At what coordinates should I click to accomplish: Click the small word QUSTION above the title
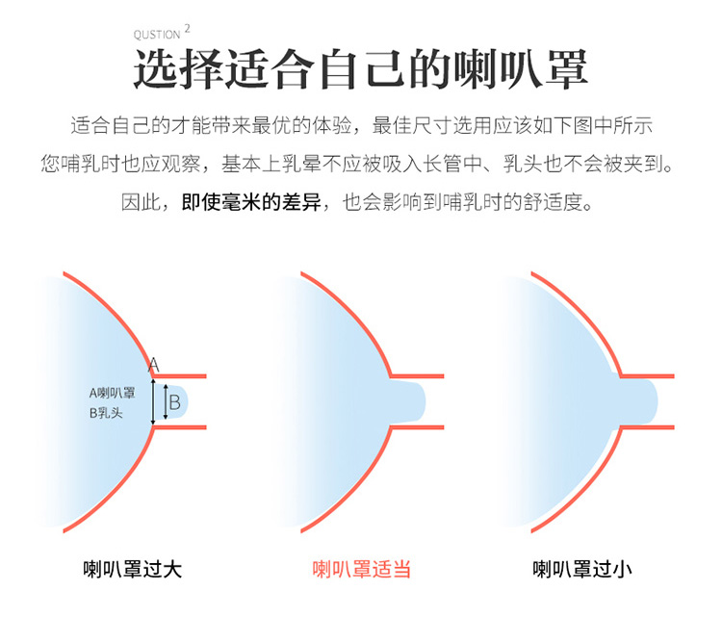(157, 35)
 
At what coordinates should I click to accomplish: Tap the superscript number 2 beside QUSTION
(187, 29)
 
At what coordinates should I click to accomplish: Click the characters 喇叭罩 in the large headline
(521, 69)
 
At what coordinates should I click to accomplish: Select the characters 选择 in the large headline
(179, 69)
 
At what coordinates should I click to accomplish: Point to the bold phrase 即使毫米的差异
(251, 202)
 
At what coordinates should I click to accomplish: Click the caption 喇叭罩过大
(133, 569)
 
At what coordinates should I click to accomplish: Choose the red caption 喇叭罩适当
(361, 569)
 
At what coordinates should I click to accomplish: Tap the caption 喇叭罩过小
(582, 569)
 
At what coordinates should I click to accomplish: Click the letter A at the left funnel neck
(153, 365)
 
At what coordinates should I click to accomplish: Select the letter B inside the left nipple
(175, 402)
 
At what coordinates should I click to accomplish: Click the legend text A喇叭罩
(113, 393)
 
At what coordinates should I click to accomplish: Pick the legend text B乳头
(106, 413)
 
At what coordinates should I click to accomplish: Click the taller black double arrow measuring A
(153, 401)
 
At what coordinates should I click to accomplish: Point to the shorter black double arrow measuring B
(166, 402)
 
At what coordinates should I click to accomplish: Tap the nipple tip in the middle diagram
(425, 402)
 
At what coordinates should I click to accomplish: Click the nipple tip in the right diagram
(656, 402)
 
